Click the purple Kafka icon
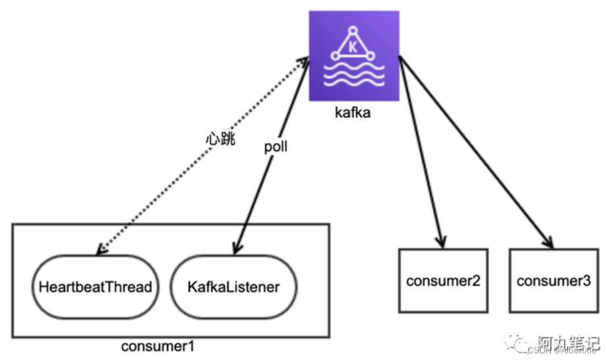tap(354, 56)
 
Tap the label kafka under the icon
tap(353, 113)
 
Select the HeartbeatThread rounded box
tap(95, 287)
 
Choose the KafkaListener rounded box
tap(233, 287)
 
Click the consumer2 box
tap(442, 281)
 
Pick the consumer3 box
tap(553, 281)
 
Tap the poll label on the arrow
tap(276, 146)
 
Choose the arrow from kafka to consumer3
tap(475, 152)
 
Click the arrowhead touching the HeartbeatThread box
tap(100, 250)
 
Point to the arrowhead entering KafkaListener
tap(235, 249)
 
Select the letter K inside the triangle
tap(353, 47)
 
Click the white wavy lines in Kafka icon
tap(354, 76)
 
